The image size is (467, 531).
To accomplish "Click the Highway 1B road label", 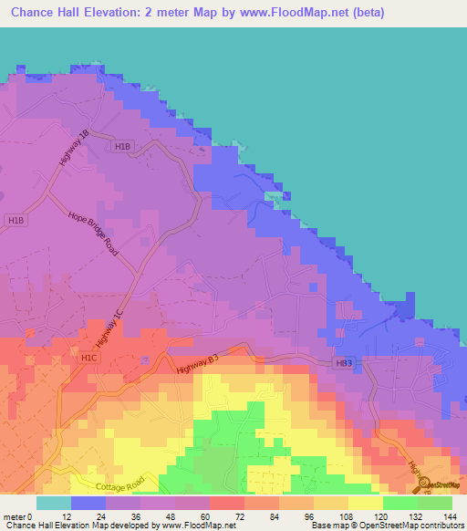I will (x=74, y=147).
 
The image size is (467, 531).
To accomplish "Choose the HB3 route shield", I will (x=342, y=364).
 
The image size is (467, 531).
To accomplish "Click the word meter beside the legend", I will (x=14, y=515).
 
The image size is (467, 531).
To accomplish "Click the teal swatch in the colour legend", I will (x=54, y=503).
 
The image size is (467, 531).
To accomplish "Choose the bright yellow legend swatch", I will (x=366, y=503).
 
